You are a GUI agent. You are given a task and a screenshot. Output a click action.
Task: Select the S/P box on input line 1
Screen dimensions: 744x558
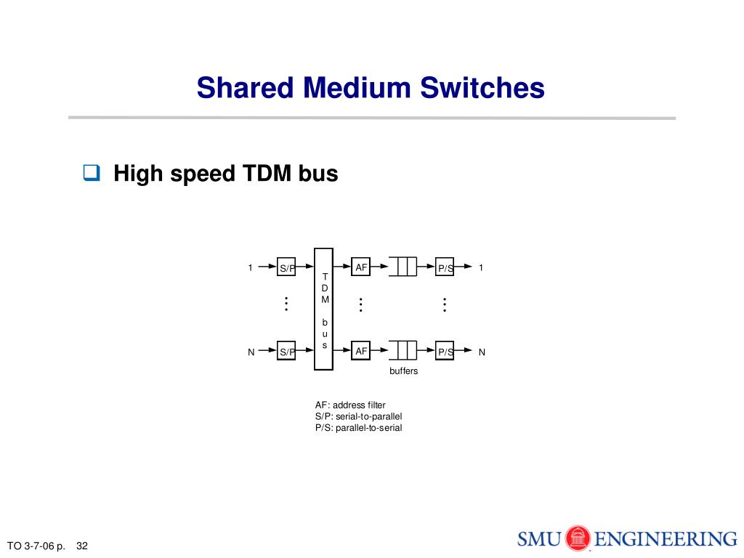pyautogui.click(x=287, y=267)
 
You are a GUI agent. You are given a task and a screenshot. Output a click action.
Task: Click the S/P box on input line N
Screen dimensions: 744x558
pyautogui.click(x=287, y=351)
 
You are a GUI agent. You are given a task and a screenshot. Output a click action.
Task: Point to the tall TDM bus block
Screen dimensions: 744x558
pyautogui.click(x=324, y=309)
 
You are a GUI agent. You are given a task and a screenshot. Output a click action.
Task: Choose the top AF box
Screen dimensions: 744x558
pyautogui.click(x=360, y=267)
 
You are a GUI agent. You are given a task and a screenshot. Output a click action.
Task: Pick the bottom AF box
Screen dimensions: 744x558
pyautogui.click(x=360, y=351)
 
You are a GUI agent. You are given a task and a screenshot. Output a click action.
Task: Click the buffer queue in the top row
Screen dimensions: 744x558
pyautogui.click(x=403, y=267)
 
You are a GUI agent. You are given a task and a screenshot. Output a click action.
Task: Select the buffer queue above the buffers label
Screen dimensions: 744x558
pyautogui.click(x=403, y=351)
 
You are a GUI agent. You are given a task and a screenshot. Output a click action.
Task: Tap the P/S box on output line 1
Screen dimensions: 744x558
pyautogui.click(x=445, y=267)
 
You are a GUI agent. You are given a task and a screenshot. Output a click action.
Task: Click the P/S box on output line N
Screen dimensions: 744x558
pyautogui.click(x=445, y=351)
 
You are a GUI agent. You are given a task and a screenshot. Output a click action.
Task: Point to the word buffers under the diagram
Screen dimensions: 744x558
pyautogui.click(x=404, y=371)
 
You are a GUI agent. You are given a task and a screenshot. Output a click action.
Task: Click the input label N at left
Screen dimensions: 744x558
pyautogui.click(x=251, y=352)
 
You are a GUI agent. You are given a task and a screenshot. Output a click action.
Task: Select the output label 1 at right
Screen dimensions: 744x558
pyautogui.click(x=481, y=268)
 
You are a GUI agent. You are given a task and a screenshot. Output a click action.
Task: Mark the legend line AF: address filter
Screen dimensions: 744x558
pyautogui.click(x=350, y=405)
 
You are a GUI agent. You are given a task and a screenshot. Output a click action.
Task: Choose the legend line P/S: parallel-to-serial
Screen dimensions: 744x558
pyautogui.click(x=358, y=428)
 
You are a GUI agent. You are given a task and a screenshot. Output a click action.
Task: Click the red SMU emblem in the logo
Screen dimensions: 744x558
pyautogui.click(x=578, y=539)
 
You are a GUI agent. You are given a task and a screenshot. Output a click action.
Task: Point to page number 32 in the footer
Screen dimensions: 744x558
pyautogui.click(x=81, y=546)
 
